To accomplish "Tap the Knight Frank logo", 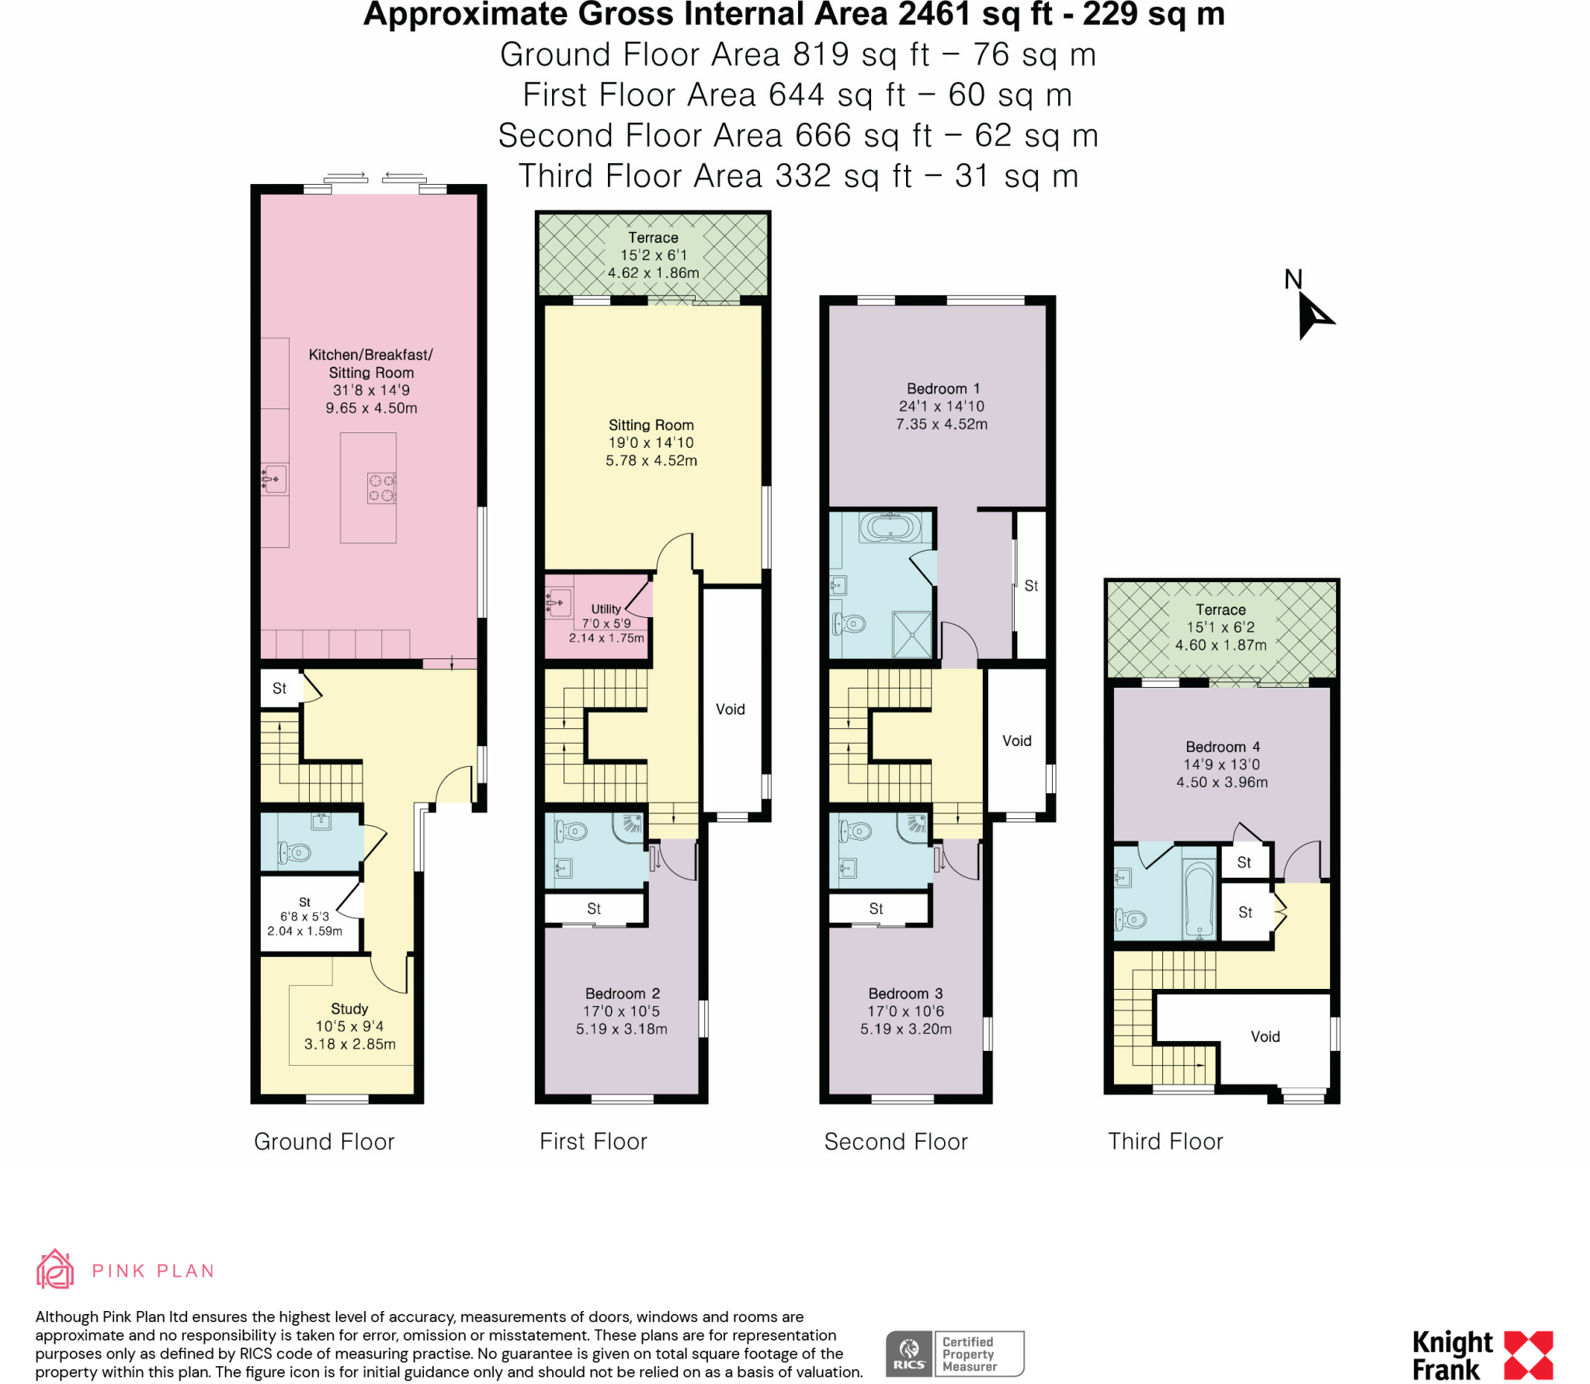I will pos(1481,1355).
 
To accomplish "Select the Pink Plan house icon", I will pos(55,1270).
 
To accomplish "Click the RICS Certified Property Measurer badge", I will pos(954,1354).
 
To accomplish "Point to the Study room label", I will pos(349,1008).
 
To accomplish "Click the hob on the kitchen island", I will pos(381,488).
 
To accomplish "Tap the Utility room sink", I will pos(558,603).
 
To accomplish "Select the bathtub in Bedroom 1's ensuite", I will pos(890,528).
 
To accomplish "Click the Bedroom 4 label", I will pos(1222,747).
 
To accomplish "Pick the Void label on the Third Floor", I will pos(1265,1036).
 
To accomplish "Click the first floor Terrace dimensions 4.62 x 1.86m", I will pos(653,273).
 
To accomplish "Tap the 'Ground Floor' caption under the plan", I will pos(324,1141).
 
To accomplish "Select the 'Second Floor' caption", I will pos(895,1141).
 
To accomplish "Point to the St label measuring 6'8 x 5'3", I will pos(304,916).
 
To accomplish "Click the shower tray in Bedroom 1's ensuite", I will pos(911,634).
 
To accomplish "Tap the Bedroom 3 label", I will pos(905,994).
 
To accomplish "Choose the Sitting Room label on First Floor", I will pos(651,425).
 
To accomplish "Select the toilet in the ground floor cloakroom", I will pos(296,853).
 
